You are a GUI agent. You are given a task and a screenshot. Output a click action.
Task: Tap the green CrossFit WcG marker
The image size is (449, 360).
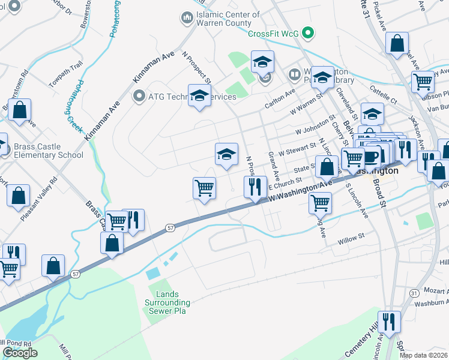pyautogui.click(x=309, y=32)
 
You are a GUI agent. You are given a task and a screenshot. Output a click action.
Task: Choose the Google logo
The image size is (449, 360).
pyautogui.click(x=20, y=352)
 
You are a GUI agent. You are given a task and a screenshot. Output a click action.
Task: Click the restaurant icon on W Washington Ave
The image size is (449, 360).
pyautogui.click(x=255, y=187)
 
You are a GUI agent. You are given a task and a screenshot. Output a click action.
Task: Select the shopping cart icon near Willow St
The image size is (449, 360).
pyautogui.click(x=320, y=203)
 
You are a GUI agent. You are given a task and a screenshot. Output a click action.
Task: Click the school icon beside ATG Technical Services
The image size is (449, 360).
pyautogui.click(x=200, y=95)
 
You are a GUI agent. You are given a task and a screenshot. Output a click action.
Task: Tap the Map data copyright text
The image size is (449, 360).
pyautogui.click(x=423, y=355)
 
